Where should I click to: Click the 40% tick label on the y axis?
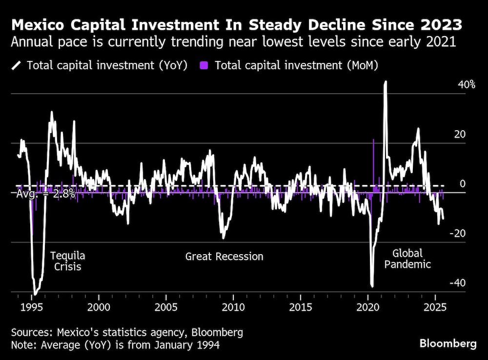click(x=466, y=85)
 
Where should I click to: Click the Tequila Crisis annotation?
click(x=68, y=261)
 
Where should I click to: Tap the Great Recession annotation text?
click(x=224, y=257)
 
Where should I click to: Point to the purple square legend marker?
click(x=204, y=65)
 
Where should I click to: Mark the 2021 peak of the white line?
click(x=386, y=82)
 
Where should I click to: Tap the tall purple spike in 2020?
click(x=373, y=141)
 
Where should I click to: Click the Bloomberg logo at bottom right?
click(x=447, y=343)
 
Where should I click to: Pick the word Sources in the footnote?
click(x=30, y=333)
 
